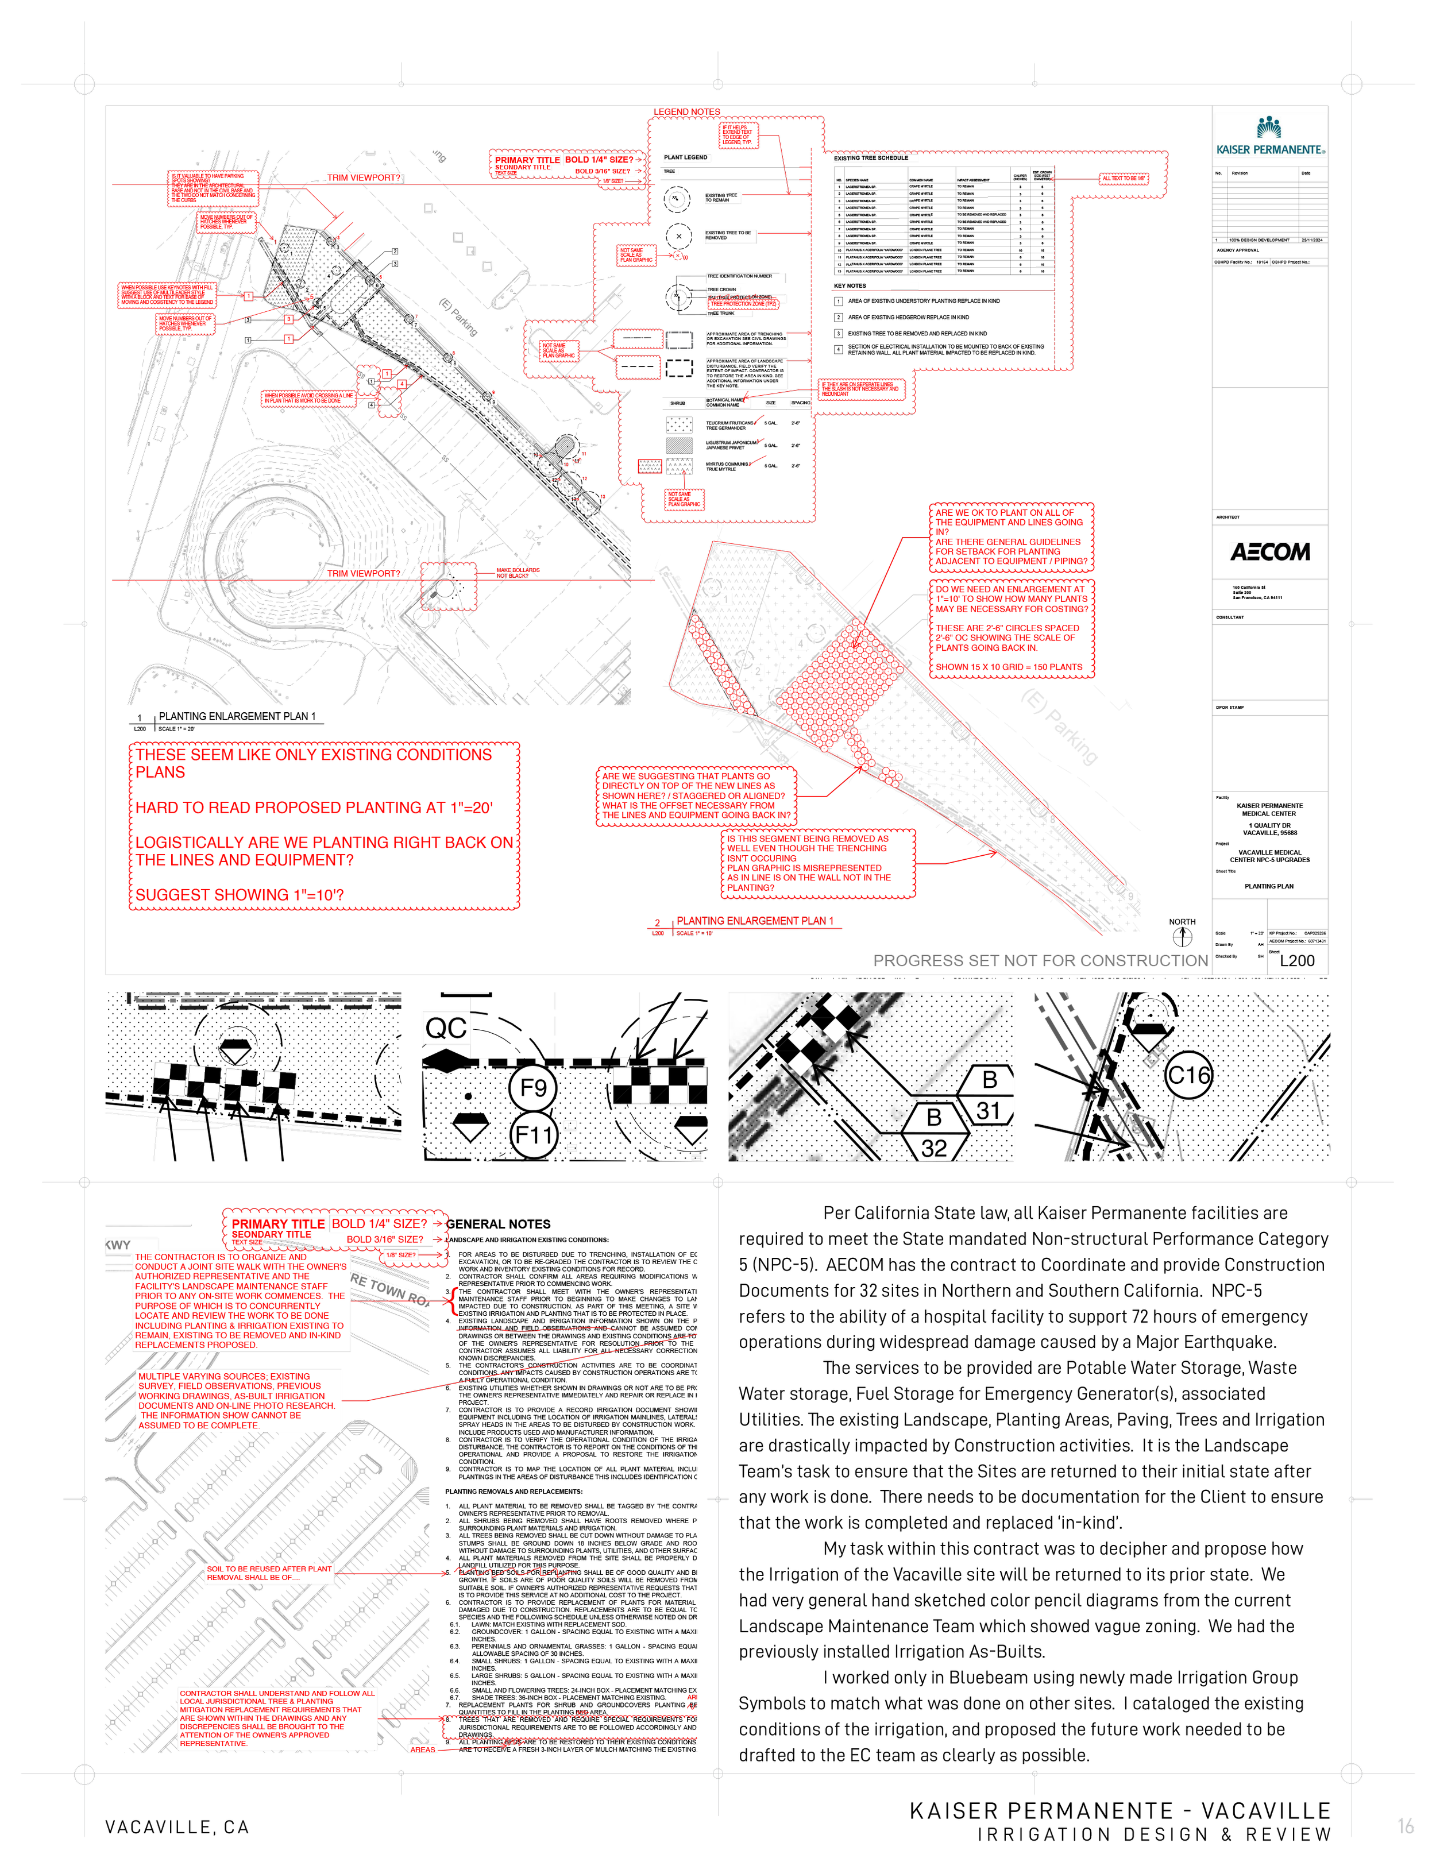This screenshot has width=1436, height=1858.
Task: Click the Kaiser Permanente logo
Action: point(1269,134)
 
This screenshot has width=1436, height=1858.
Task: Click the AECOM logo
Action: point(1269,552)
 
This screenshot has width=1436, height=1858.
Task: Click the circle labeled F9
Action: point(532,1087)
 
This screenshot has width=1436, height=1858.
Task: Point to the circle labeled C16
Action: point(1188,1075)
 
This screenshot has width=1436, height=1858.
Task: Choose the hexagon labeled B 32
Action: point(934,1131)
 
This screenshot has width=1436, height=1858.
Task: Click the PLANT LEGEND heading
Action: point(685,157)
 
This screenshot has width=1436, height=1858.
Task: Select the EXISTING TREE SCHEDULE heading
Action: point(871,159)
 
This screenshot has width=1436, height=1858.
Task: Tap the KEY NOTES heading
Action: point(850,286)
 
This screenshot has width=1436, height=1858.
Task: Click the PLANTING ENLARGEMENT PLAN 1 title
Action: point(755,921)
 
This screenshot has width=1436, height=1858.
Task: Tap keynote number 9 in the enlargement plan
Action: point(1130,896)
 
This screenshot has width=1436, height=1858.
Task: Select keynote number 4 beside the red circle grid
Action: point(800,644)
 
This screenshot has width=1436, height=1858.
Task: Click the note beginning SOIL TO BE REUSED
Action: point(269,1573)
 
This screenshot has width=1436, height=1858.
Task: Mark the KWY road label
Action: point(118,1246)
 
